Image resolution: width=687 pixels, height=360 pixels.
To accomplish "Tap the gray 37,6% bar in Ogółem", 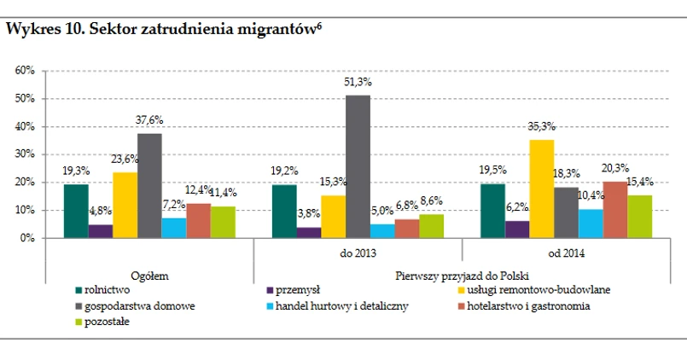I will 149,185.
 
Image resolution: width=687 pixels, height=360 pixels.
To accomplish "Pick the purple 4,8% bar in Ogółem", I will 100,231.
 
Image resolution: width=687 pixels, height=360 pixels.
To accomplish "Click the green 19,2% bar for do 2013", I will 283,211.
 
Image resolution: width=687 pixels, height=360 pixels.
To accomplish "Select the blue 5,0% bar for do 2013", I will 382,231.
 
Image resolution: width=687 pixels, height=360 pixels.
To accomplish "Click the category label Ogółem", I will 148,276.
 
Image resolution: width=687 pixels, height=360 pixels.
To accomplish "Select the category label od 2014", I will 567,253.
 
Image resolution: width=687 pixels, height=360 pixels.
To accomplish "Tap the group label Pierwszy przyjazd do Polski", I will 462,276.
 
